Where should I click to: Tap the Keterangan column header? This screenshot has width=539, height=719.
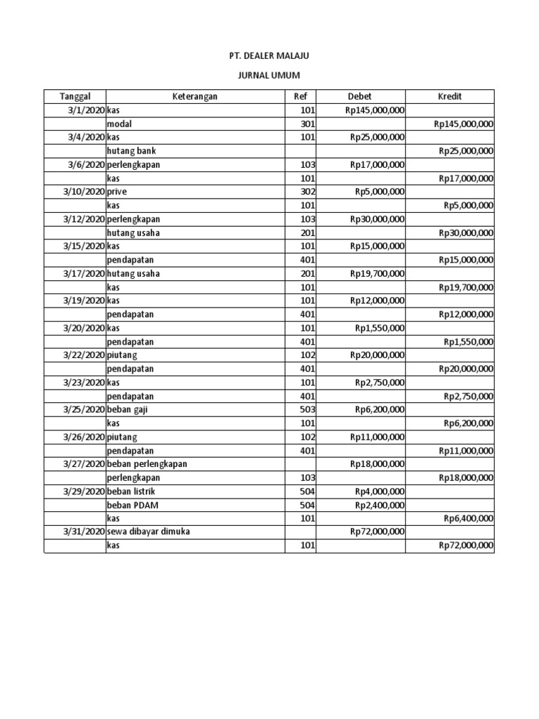click(195, 97)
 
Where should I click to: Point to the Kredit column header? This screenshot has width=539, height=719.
click(449, 97)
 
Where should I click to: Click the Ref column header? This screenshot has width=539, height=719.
click(300, 97)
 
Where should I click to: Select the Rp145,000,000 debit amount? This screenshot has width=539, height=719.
click(375, 110)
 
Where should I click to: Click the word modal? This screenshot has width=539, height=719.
click(119, 124)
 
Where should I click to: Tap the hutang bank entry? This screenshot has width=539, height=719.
click(131, 151)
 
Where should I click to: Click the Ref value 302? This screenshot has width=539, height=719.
click(307, 192)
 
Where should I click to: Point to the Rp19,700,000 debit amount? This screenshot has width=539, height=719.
click(377, 274)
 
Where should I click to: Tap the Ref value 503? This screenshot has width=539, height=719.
click(307, 409)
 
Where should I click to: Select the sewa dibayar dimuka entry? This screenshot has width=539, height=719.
click(148, 532)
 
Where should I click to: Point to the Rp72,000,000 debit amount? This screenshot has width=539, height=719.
click(377, 532)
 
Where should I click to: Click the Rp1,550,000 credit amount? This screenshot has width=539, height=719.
click(468, 342)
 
